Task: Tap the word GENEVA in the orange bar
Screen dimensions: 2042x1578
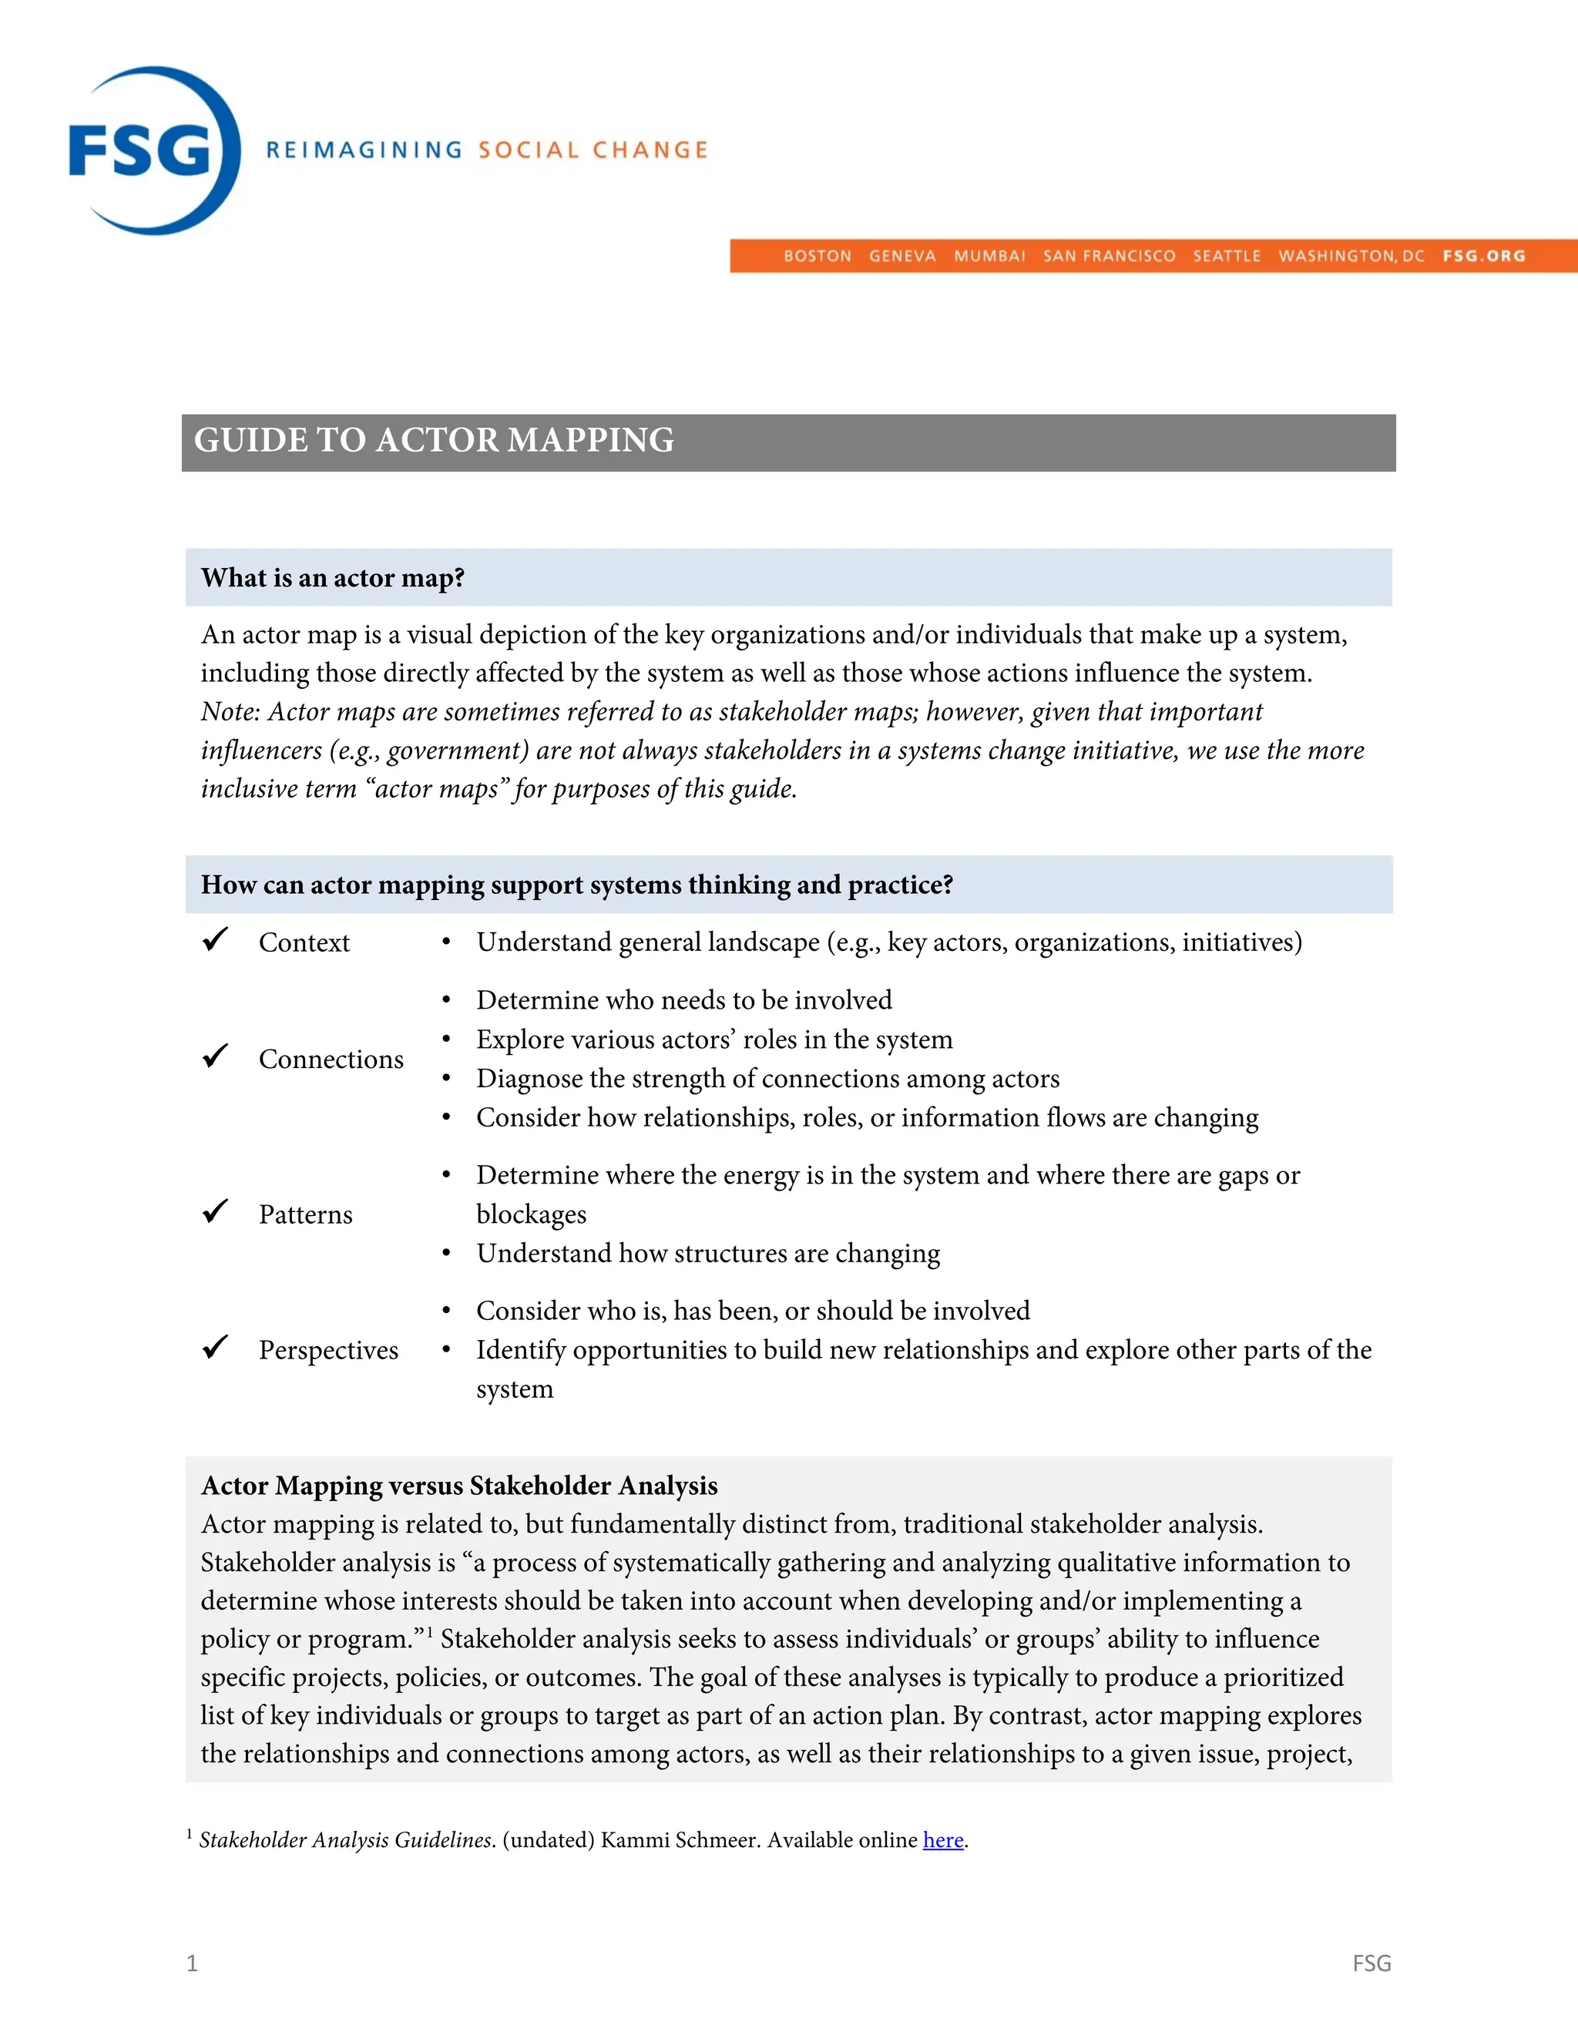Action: pyautogui.click(x=901, y=256)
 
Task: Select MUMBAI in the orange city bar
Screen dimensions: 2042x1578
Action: pyautogui.click(x=989, y=256)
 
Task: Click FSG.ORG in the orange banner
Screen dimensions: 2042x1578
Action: pyautogui.click(x=1482, y=256)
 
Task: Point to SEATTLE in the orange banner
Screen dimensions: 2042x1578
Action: pyautogui.click(x=1226, y=256)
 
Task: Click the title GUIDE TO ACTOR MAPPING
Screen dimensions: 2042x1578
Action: pyautogui.click(x=434, y=440)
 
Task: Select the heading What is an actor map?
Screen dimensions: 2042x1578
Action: pyautogui.click(x=332, y=578)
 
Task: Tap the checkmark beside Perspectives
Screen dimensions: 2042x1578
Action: pyautogui.click(x=215, y=1347)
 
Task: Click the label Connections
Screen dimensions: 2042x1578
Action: pyautogui.click(x=331, y=1060)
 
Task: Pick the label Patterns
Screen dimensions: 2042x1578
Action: pyautogui.click(x=306, y=1214)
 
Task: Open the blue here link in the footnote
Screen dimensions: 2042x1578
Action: pyautogui.click(x=942, y=1840)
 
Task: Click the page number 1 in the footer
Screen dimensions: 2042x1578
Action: pyautogui.click(x=192, y=1963)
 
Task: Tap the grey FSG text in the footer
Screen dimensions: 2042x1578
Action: pyautogui.click(x=1371, y=1963)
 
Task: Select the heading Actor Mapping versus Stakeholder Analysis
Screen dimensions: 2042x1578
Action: pyautogui.click(x=459, y=1486)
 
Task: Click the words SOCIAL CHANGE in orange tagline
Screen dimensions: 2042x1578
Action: pyautogui.click(x=593, y=150)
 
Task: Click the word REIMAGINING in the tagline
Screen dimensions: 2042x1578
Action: pyautogui.click(x=364, y=150)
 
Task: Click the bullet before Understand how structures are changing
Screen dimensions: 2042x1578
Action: pyautogui.click(x=447, y=1254)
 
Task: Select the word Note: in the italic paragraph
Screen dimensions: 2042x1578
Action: pyautogui.click(x=230, y=711)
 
